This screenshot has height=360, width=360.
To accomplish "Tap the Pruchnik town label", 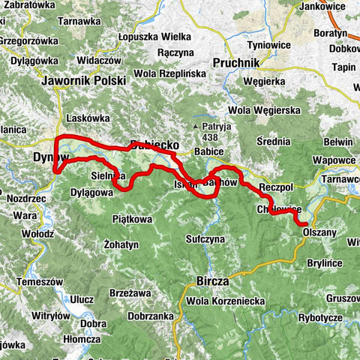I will pyautogui.click(x=239, y=64).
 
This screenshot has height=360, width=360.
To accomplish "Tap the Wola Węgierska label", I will pyautogui.click(x=259, y=112).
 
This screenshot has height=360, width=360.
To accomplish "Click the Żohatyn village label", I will pyautogui.click(x=121, y=245).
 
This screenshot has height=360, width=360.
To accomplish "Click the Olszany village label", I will pyautogui.click(x=320, y=232).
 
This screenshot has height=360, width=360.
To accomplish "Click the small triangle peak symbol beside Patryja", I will pyautogui.click(x=194, y=127).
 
